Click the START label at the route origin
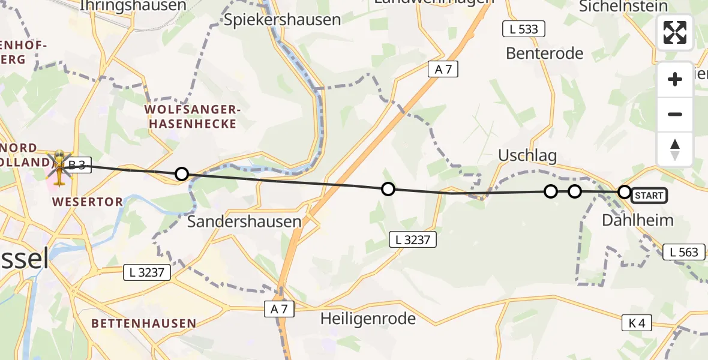pos(649,195)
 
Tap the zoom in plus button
pos(675,79)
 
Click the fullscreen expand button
pos(675,32)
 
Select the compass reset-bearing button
pos(675,149)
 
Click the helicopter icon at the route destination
pos(59,167)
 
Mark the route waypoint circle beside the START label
pos(624,192)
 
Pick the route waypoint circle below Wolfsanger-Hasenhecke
pos(181,174)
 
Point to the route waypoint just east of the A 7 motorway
pos(388,189)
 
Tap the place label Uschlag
pos(527,156)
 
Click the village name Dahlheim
pos(637,220)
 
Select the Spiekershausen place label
pos(282,19)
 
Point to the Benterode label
pos(544,53)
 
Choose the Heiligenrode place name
pos(368,319)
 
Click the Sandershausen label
pos(244,221)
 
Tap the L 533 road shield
pos(523,29)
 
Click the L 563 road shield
pos(684,252)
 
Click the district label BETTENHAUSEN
pos(143,323)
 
